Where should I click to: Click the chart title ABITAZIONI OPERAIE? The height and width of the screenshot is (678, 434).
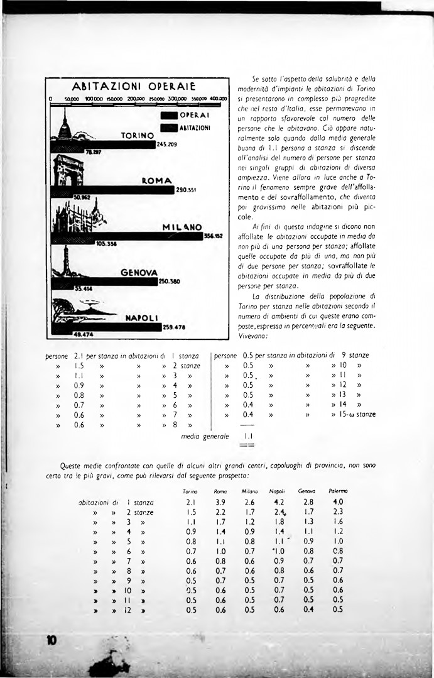(x=136, y=86)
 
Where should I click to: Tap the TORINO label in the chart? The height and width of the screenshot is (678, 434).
(x=138, y=135)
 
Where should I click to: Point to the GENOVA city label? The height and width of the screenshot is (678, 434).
(x=139, y=272)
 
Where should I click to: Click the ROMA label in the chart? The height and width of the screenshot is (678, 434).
(x=156, y=181)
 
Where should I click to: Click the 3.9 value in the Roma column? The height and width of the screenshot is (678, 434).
(x=220, y=502)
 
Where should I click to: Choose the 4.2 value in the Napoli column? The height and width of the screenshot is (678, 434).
(x=279, y=502)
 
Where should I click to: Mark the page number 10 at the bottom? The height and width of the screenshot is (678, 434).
(x=52, y=640)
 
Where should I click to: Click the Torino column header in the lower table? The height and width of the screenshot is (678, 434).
(x=190, y=491)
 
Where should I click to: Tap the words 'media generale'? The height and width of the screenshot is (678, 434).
(x=204, y=435)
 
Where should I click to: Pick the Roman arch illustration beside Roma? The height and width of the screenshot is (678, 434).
(x=68, y=173)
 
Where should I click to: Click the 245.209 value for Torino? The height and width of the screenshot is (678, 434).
(x=166, y=144)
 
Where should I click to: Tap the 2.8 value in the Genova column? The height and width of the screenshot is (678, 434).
(x=308, y=502)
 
